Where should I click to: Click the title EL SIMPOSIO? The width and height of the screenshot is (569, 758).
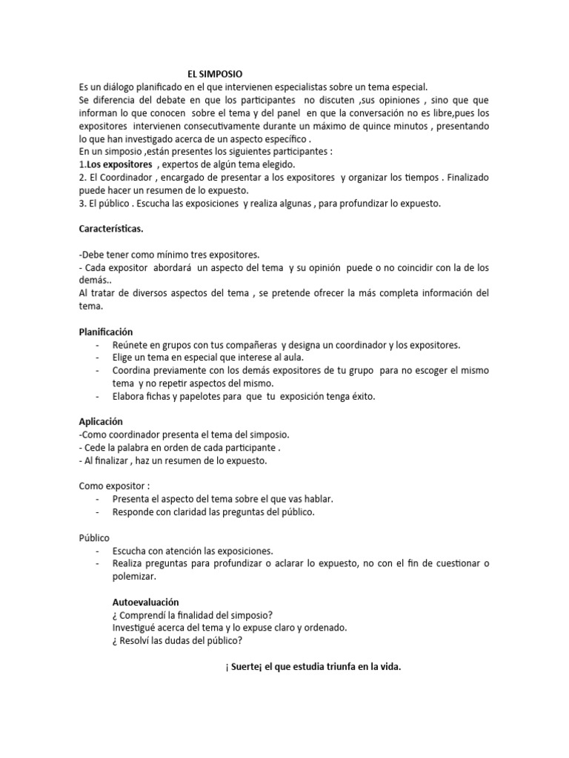[215, 73]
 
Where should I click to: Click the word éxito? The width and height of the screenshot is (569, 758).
[360, 396]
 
